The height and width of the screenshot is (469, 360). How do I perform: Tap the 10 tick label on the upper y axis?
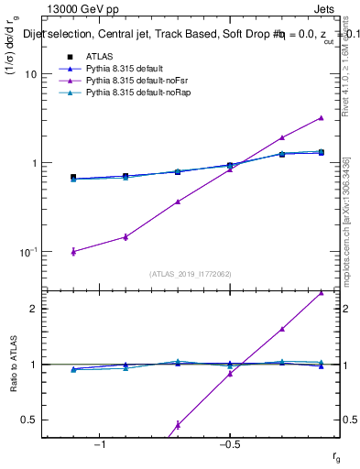(29, 74)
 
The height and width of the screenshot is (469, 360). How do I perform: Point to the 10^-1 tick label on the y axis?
(27, 251)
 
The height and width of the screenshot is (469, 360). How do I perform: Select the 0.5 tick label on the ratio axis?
(29, 420)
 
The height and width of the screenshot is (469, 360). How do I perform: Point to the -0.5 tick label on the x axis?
(229, 444)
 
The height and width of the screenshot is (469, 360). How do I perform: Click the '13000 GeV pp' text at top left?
(77, 8)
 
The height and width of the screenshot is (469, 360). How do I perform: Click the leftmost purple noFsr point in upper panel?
(73, 251)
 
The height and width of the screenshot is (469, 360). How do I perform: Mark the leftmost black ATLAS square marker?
(73, 177)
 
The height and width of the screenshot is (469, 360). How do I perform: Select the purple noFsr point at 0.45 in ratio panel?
(178, 425)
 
